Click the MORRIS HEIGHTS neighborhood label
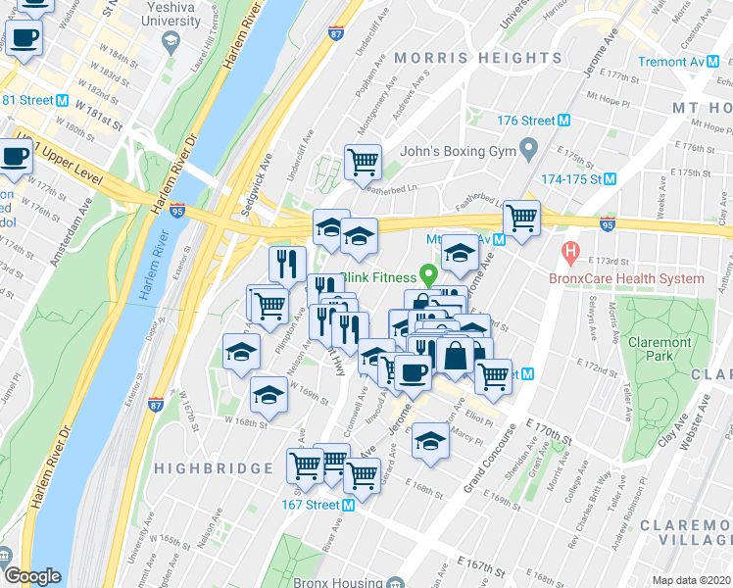[478, 59]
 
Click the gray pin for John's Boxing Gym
[530, 151]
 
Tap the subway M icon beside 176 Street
[563, 121]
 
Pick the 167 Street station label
[304, 506]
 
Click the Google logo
[32, 576]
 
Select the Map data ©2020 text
[692, 580]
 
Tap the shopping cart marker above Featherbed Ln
[363, 162]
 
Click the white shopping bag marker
[456, 355]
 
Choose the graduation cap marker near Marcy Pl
[430, 439]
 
